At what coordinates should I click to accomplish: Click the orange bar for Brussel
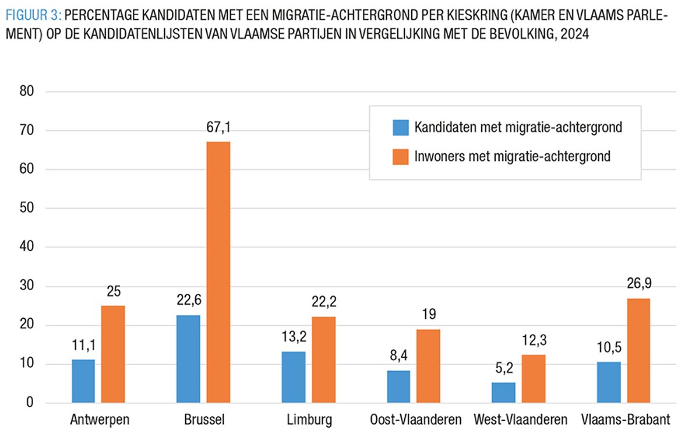[218, 272]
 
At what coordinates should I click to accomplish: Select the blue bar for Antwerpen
[83, 381]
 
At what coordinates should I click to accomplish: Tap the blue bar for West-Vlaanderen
[503, 392]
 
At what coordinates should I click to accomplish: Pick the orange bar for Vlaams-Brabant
[638, 350]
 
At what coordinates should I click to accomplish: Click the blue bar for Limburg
[293, 377]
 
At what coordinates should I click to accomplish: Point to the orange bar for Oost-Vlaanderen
[428, 365]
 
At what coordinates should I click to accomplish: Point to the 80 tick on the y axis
[27, 92]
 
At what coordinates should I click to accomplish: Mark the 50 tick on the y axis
[27, 208]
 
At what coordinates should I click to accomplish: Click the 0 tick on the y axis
[30, 403]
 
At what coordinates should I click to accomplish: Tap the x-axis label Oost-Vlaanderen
[415, 420]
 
